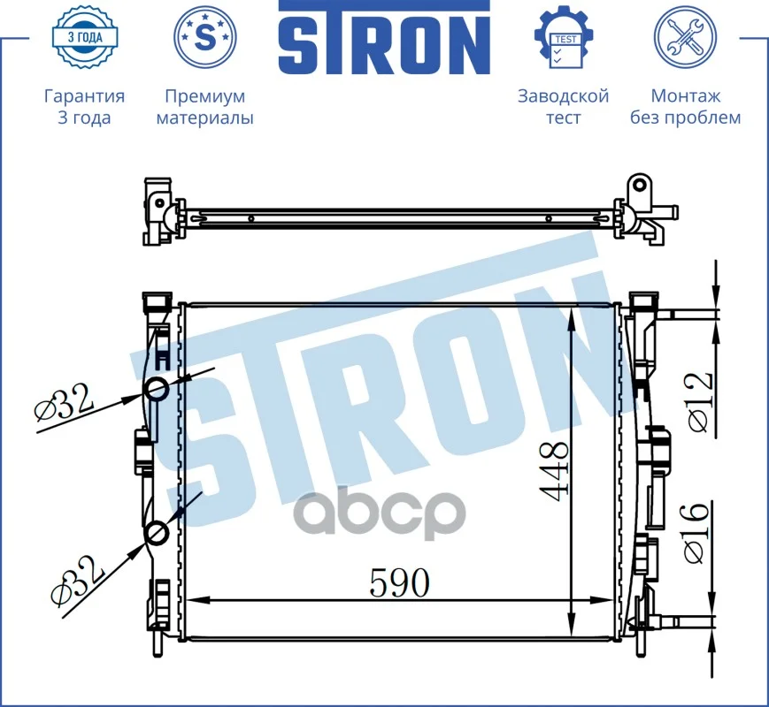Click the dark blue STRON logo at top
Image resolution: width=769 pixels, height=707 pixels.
(384, 37)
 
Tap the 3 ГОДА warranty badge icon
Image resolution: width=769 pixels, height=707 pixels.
(85, 37)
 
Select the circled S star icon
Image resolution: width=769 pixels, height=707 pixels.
(205, 36)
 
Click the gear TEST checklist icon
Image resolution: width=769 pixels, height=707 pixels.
(564, 37)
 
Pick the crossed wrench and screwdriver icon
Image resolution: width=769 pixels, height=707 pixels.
(685, 37)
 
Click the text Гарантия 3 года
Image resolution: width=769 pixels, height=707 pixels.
(84, 107)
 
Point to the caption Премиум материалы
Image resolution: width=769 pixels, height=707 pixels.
(205, 107)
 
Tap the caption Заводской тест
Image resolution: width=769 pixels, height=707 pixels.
(564, 107)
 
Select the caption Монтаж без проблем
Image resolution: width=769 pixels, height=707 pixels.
(685, 107)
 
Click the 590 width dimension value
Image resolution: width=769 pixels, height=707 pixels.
(399, 582)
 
